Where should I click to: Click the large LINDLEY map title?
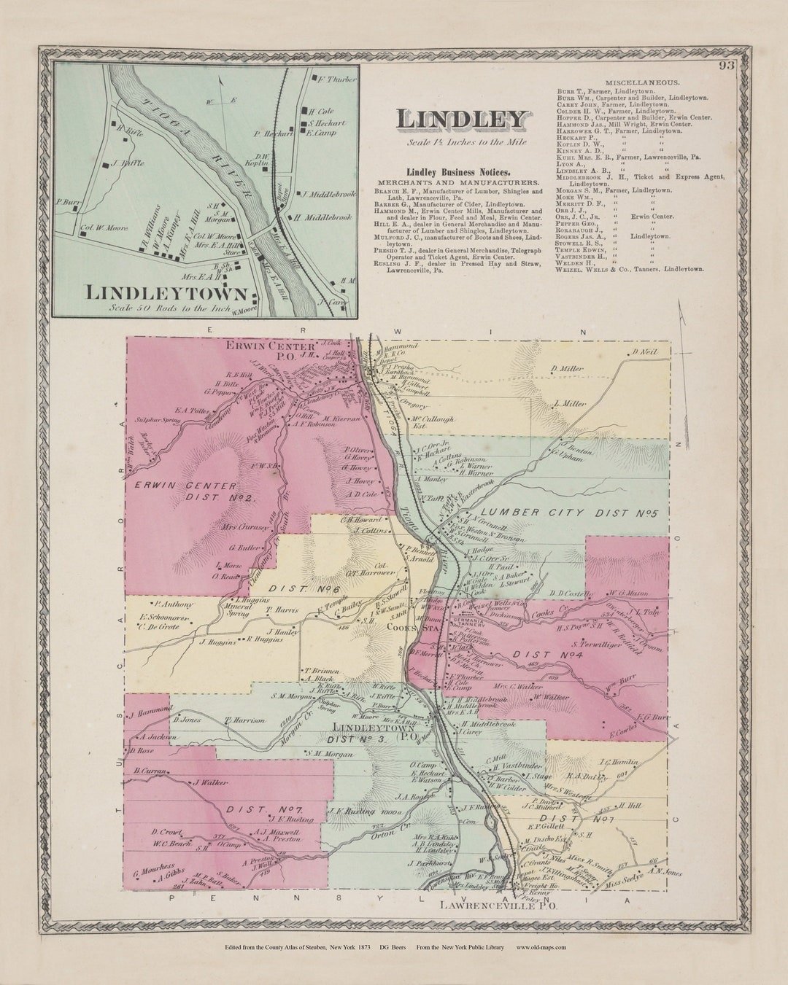pyautogui.click(x=462, y=120)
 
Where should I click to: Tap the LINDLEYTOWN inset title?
pyautogui.click(x=166, y=292)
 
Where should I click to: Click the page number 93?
pyautogui.click(x=725, y=66)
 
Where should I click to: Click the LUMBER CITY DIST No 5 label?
pyautogui.click(x=570, y=514)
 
